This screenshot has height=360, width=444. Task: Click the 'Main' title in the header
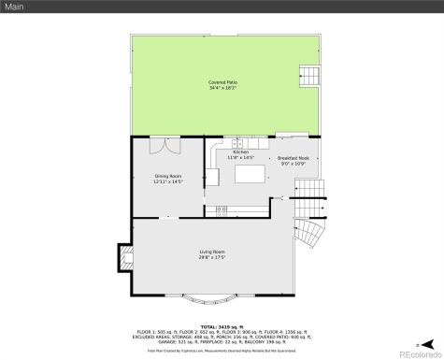click(x=14, y=7)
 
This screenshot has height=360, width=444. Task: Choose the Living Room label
click(x=212, y=252)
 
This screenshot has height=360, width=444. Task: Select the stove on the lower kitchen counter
click(x=222, y=208)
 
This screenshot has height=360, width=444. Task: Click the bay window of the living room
click(x=211, y=300)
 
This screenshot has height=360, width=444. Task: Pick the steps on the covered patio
click(x=308, y=75)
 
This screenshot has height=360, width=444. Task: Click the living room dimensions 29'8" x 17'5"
click(x=212, y=258)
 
